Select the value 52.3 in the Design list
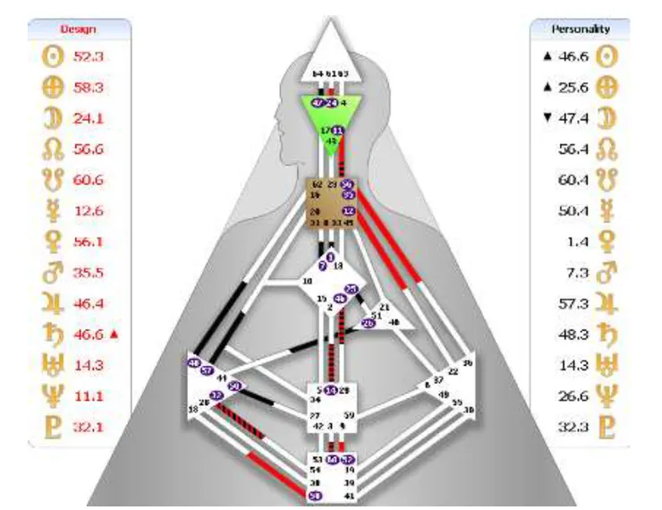point(87,55)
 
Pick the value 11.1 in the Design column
point(87,395)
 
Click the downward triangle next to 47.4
point(545,118)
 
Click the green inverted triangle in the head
point(331,121)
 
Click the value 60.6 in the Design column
point(87,180)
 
